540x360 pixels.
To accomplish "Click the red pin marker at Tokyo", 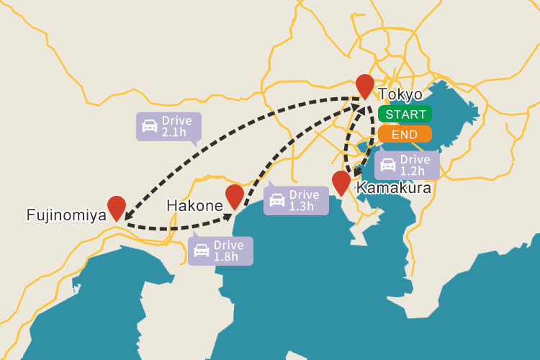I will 365,85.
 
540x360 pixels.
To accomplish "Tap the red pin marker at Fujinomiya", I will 116,207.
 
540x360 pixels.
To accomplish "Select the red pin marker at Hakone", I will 235,195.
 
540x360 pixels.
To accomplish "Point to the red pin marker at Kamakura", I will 341,181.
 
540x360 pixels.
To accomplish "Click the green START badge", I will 405,114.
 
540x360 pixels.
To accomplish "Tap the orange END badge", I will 405,134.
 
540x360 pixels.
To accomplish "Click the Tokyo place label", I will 400,94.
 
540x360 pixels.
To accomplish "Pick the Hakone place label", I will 194,206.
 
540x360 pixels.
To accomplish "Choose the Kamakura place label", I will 394,189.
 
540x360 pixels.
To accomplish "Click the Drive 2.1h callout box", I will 168,126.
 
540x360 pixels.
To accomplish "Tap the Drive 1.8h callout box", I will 220,251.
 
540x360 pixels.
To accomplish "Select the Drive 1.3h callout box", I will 296,200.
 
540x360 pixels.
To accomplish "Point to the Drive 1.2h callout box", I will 407,165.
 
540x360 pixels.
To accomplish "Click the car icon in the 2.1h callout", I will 150,126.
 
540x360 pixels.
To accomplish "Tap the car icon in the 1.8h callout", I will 202,251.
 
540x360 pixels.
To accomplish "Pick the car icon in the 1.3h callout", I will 277,200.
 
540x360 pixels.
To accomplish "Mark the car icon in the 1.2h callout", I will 388,165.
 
